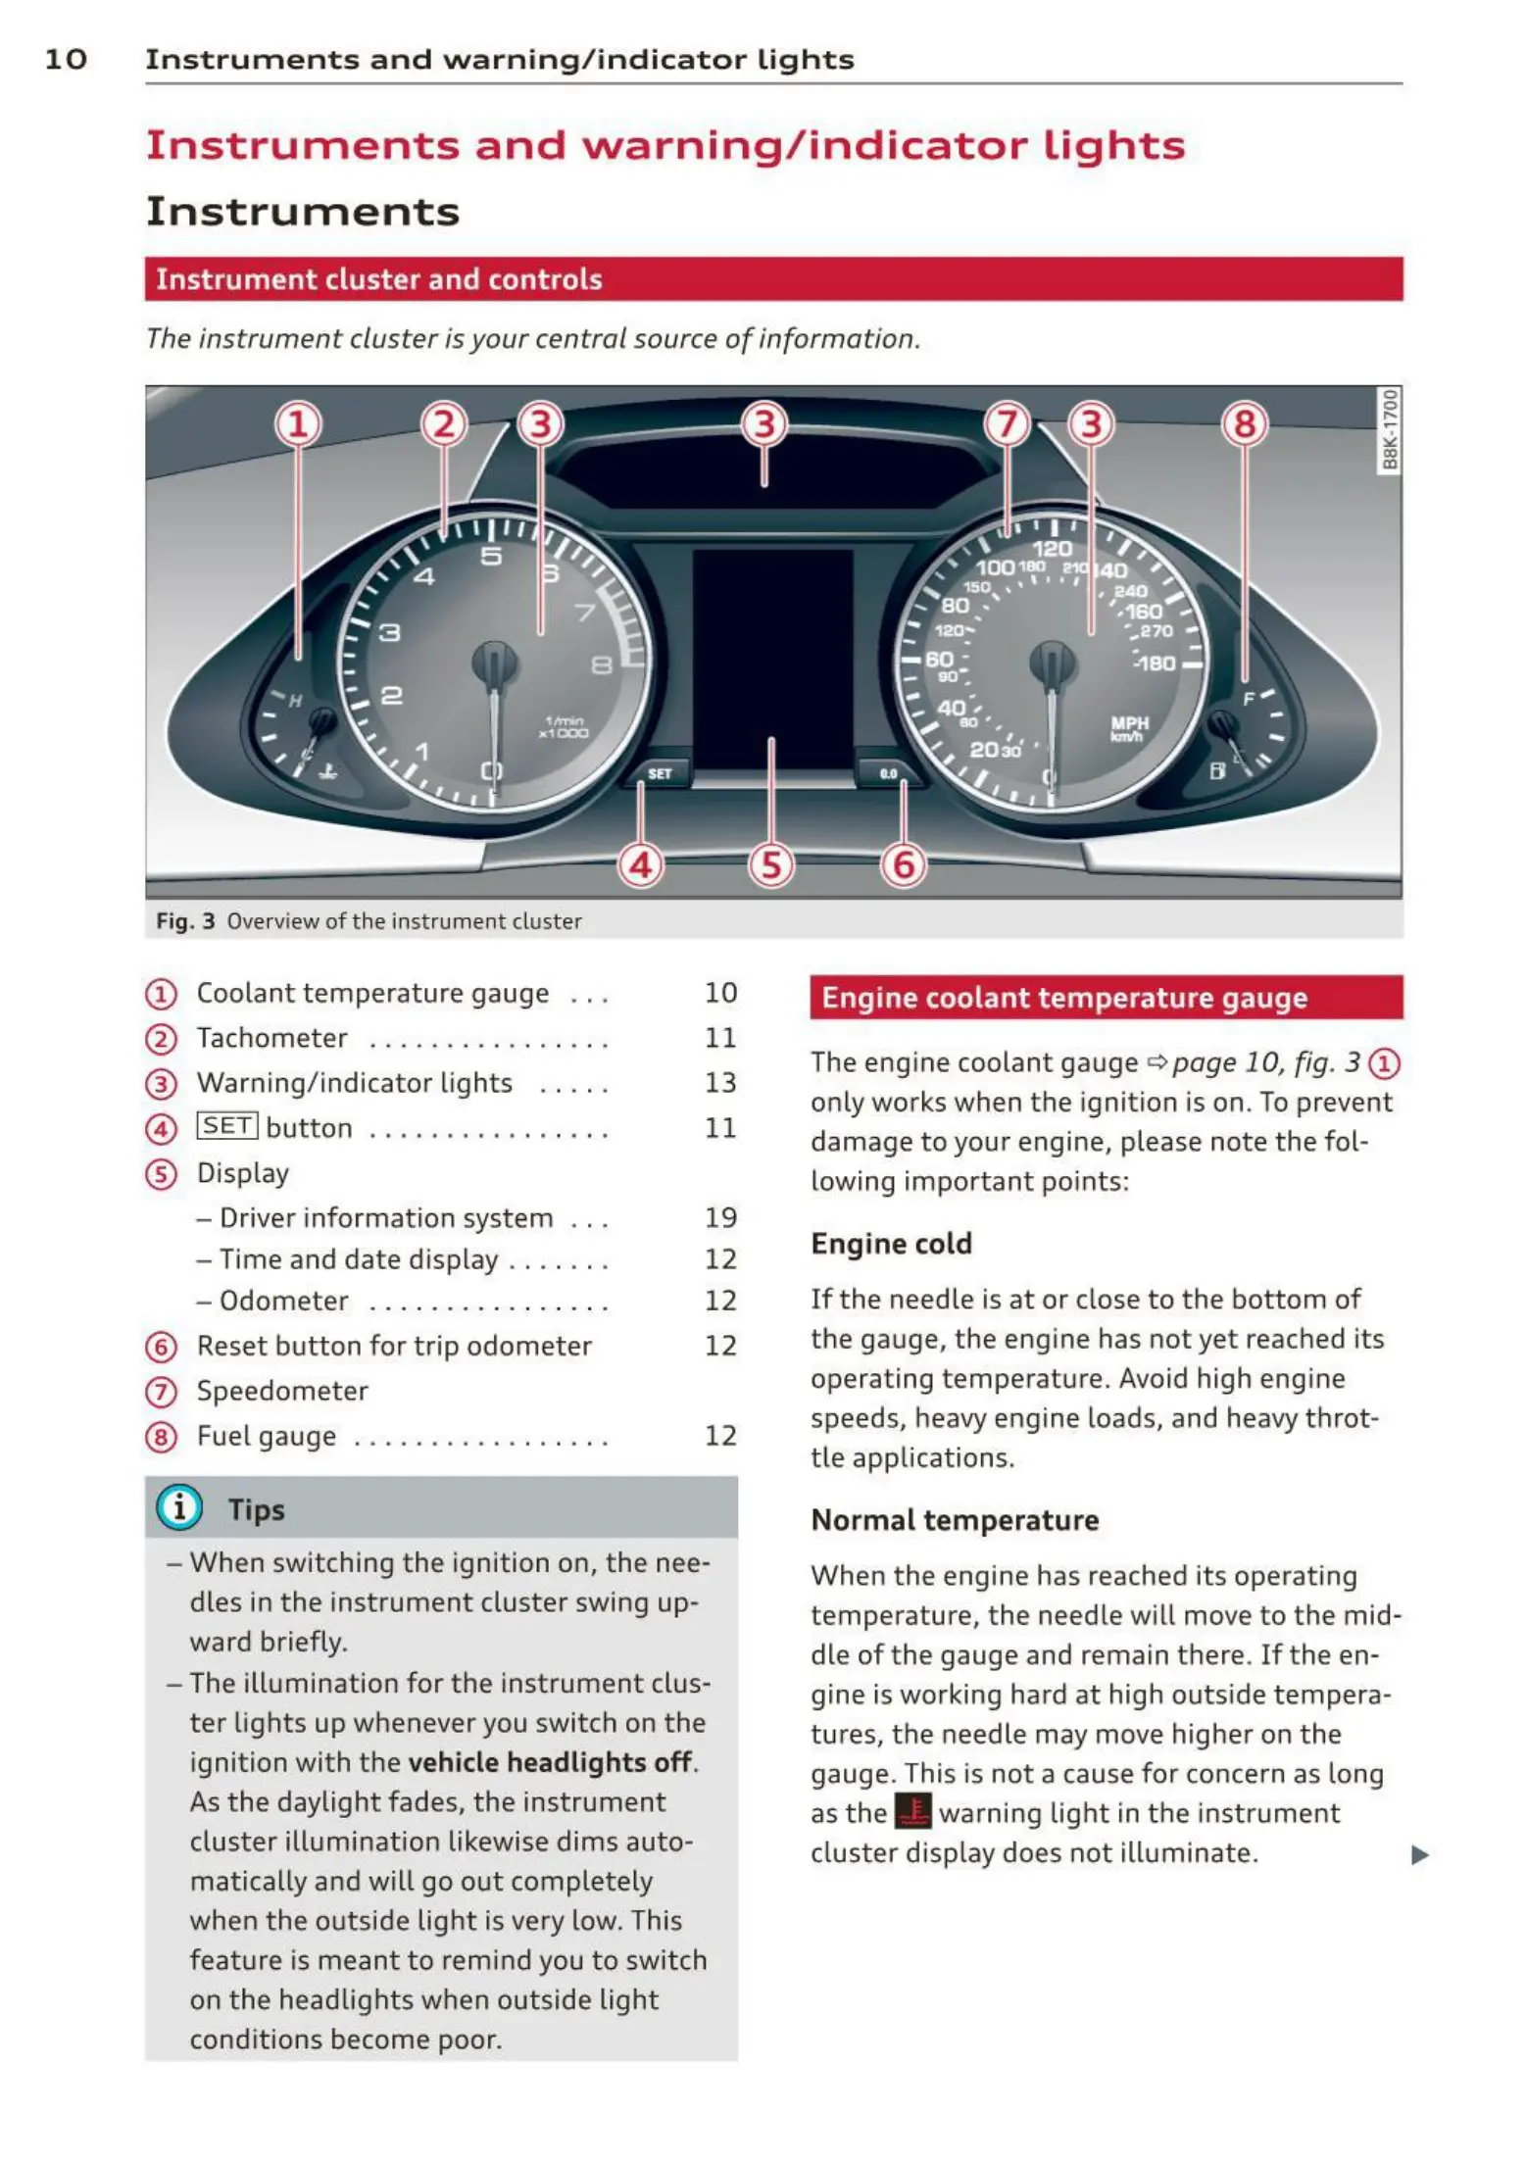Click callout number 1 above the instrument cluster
(298, 425)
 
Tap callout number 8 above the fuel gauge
(1244, 425)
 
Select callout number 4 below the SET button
(641, 865)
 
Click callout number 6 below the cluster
(903, 865)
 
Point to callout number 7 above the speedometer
(1007, 425)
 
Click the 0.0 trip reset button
(888, 774)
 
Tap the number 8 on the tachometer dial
(602, 666)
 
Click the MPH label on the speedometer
(1129, 722)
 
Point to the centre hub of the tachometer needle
(495, 663)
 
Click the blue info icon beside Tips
(179, 1507)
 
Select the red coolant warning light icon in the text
(913, 1812)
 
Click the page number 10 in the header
(66, 60)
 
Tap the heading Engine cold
(891, 1244)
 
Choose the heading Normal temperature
(955, 1520)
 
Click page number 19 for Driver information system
(720, 1217)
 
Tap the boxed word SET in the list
(227, 1126)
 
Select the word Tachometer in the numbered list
(272, 1038)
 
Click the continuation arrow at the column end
(1419, 1855)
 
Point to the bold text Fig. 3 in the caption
(185, 921)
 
